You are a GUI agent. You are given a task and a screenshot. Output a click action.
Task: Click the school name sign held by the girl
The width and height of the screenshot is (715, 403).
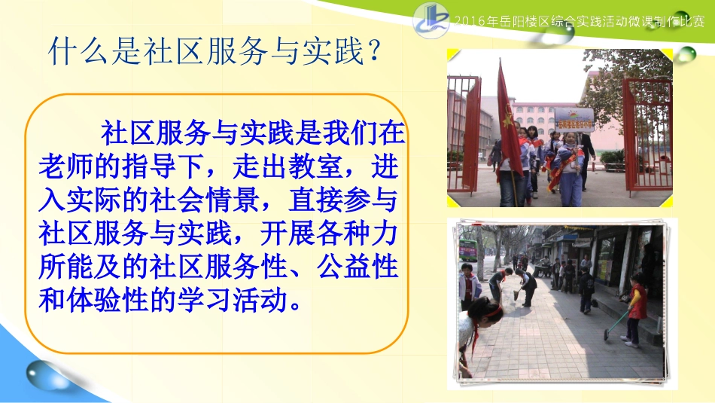click(x=574, y=119)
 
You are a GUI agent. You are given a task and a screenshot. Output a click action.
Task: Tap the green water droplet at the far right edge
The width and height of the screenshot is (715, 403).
click(x=686, y=54)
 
